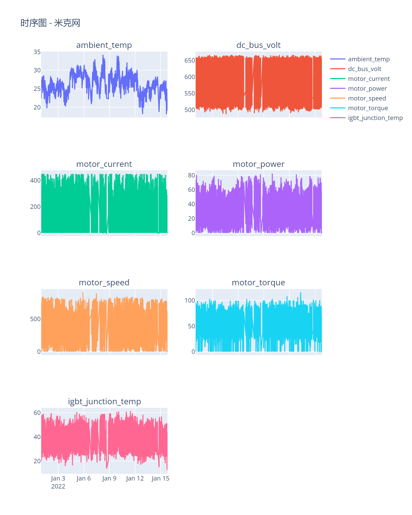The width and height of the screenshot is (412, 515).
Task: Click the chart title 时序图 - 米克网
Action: click(x=50, y=23)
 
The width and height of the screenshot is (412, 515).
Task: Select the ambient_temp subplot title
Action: click(x=104, y=45)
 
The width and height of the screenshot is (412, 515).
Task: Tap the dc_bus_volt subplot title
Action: click(x=258, y=45)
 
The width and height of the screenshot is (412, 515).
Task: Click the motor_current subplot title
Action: click(x=104, y=164)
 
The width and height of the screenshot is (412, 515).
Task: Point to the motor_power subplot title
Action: click(x=259, y=164)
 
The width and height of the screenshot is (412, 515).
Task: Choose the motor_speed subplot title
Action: click(x=104, y=282)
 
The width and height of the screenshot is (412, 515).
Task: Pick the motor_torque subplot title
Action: click(x=258, y=282)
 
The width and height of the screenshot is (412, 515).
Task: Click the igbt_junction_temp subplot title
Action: click(x=104, y=401)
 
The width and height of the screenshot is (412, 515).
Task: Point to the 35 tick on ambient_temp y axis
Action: click(x=37, y=52)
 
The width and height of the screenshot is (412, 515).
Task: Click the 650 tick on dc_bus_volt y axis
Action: click(x=190, y=61)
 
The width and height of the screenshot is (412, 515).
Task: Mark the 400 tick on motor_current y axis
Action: click(x=35, y=181)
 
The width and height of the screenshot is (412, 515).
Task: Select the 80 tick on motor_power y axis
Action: click(x=191, y=175)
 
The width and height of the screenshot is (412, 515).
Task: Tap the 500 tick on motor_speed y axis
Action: click(x=35, y=319)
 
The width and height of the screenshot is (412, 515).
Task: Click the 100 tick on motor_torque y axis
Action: click(x=190, y=301)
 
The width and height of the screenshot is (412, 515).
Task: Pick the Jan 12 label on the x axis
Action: click(x=135, y=478)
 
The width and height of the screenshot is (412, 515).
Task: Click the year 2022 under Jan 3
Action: click(x=58, y=486)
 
